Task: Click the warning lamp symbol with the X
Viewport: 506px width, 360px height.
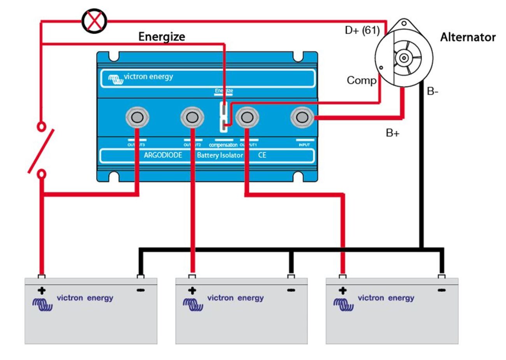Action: point(94,21)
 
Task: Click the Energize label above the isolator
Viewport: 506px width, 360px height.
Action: point(162,37)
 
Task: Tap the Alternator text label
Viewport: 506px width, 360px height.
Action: point(467,37)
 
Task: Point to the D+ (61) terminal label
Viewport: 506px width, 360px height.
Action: point(362,30)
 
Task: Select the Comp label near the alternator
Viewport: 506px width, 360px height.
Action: point(361,80)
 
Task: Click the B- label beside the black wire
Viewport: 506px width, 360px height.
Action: point(432,91)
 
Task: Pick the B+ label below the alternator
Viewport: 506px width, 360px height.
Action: point(392,133)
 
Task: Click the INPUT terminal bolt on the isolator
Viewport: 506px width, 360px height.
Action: point(302,117)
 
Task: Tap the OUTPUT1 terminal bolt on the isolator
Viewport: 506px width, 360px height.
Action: point(247,117)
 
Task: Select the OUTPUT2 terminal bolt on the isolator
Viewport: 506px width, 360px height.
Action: point(192,117)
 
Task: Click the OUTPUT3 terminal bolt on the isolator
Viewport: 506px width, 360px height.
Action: point(137,117)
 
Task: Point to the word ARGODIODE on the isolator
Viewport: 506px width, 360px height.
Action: point(163,155)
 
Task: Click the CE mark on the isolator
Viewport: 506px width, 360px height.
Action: point(262,155)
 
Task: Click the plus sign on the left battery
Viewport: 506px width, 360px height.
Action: point(41,290)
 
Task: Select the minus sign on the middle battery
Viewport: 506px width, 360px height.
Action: point(291,290)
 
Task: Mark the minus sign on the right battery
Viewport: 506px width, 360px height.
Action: point(441,290)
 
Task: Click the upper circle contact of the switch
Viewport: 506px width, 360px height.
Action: point(41,126)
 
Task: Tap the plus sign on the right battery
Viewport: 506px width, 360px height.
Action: point(343,290)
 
